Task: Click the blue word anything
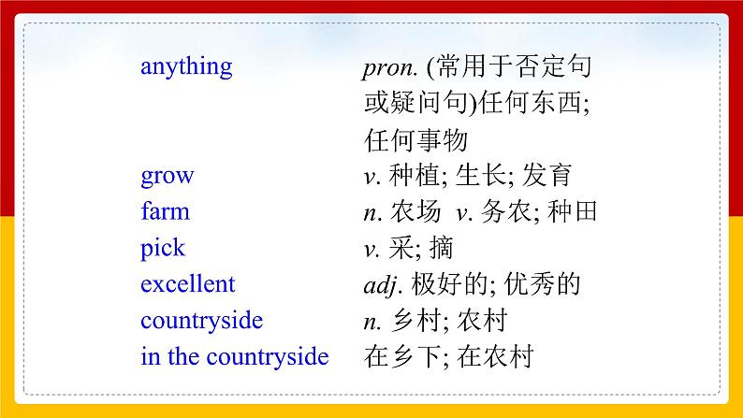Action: coord(186,67)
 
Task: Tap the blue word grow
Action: coord(167,176)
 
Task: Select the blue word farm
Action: coord(165,211)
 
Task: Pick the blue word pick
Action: coord(163,249)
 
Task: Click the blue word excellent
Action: coord(188,284)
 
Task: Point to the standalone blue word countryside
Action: coord(201,321)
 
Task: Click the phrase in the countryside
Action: coord(234,357)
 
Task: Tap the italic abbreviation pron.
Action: coord(389,68)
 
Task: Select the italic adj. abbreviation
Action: coord(381,284)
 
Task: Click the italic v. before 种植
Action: coord(371,176)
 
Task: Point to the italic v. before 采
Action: coord(371,249)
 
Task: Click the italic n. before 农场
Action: coord(371,212)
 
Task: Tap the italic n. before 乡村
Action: coord(371,322)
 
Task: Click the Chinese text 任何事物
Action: coord(415,140)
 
